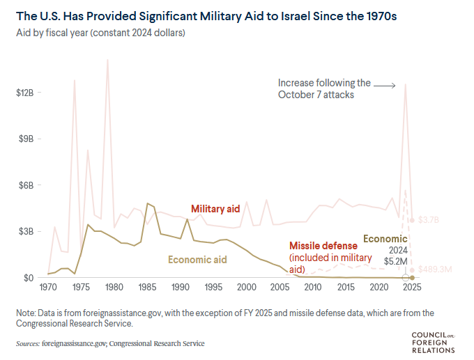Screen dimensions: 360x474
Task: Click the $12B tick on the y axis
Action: tap(25, 93)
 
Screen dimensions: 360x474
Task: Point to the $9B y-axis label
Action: tap(27, 139)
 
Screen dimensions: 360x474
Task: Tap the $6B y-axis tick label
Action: tap(27, 185)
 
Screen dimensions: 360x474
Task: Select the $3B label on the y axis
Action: tap(27, 231)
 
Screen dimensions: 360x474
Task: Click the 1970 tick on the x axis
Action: tap(48, 287)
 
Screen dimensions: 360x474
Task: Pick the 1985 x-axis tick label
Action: tap(147, 287)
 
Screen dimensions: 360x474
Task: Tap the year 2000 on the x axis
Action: tap(246, 287)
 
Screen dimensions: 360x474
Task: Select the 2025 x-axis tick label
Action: tap(411, 287)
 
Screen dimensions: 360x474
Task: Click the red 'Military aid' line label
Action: tap(216, 209)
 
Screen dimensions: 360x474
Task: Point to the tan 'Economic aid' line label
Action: tap(198, 259)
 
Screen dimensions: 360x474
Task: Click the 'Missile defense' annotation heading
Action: tap(323, 246)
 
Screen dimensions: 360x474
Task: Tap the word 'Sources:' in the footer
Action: tap(27, 343)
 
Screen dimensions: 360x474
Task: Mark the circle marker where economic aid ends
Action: tap(406, 278)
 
